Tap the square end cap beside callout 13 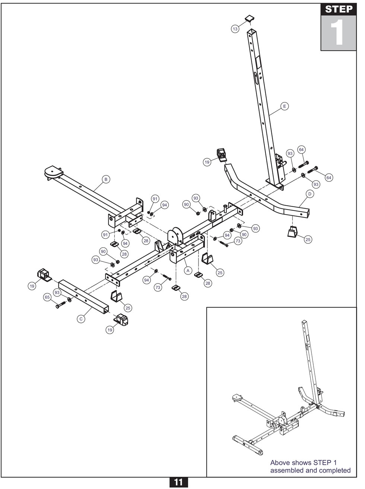[249, 18]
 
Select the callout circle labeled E [284, 107]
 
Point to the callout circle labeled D [310, 194]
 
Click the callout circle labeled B [106, 180]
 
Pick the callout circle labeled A [188, 270]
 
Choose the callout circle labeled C [81, 319]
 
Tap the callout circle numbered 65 [47, 297]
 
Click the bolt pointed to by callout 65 [61, 305]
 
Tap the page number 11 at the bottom [178, 482]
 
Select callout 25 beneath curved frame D [308, 239]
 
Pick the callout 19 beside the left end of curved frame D [207, 162]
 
